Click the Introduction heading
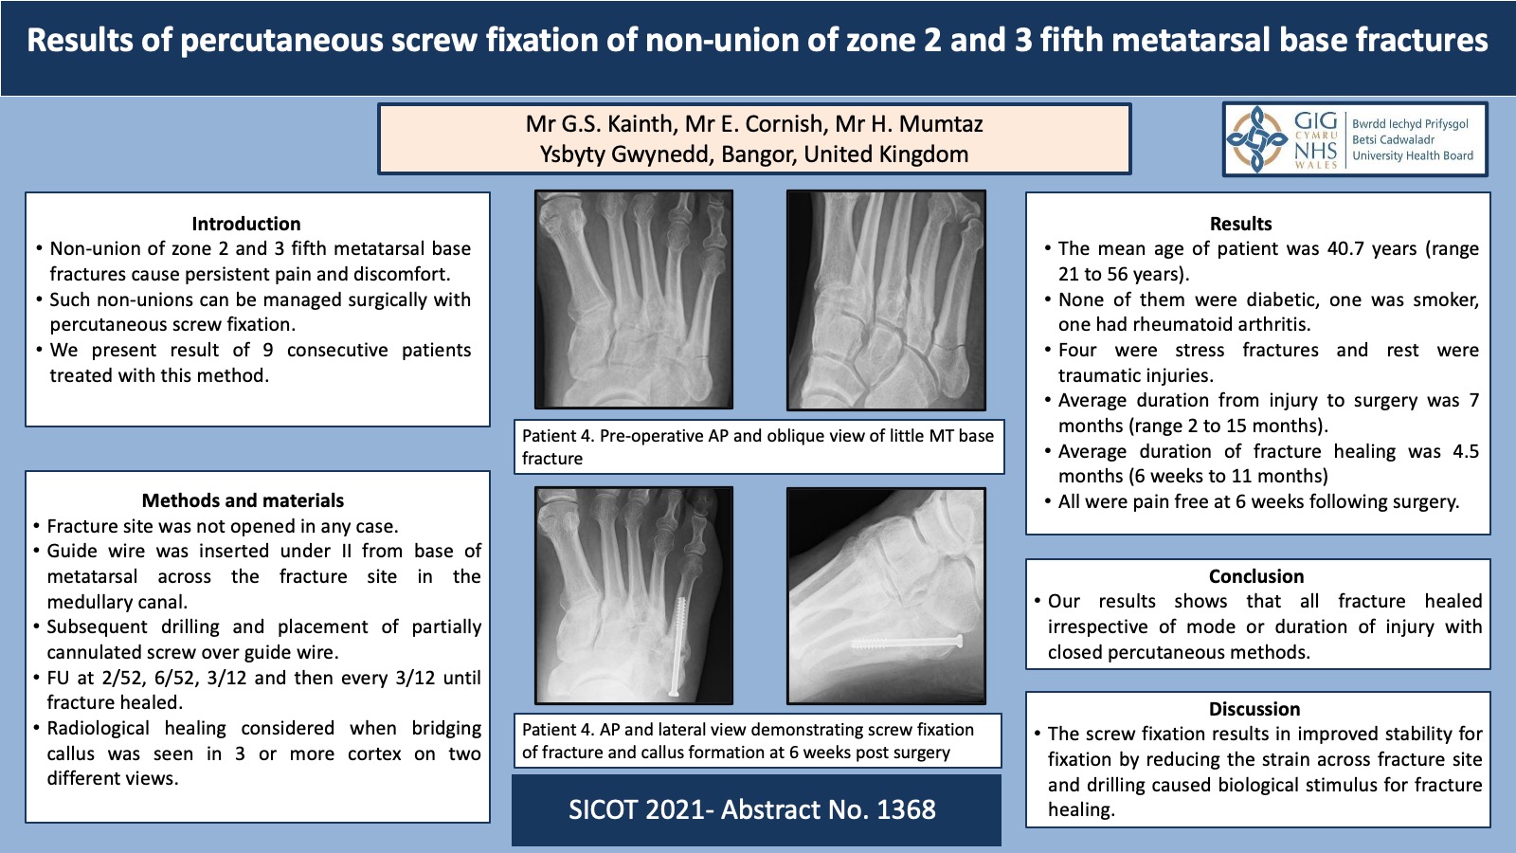[245, 224]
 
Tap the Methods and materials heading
[243, 500]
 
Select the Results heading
[1240, 224]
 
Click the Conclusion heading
[1256, 576]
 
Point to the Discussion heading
[1254, 709]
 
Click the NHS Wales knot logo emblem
[1256, 138]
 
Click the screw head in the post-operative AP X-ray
[674, 691]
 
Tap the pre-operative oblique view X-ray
[886, 299]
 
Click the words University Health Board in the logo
[1413, 155]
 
